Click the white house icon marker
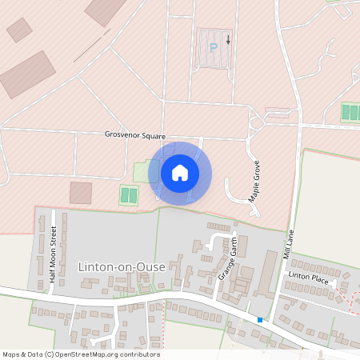coord(180,173)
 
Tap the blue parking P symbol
coord(213,47)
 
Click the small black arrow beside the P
coord(228,38)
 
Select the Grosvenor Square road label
coord(134,136)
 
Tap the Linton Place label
coord(309,276)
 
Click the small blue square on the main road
coord(259,320)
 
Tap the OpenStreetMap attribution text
coord(81,354)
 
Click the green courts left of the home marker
coord(128,194)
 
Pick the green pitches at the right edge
coord(350,112)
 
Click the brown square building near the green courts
coord(81,193)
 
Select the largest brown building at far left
coord(27,74)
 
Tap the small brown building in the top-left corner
coord(19,30)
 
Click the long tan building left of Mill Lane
coord(268,272)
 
